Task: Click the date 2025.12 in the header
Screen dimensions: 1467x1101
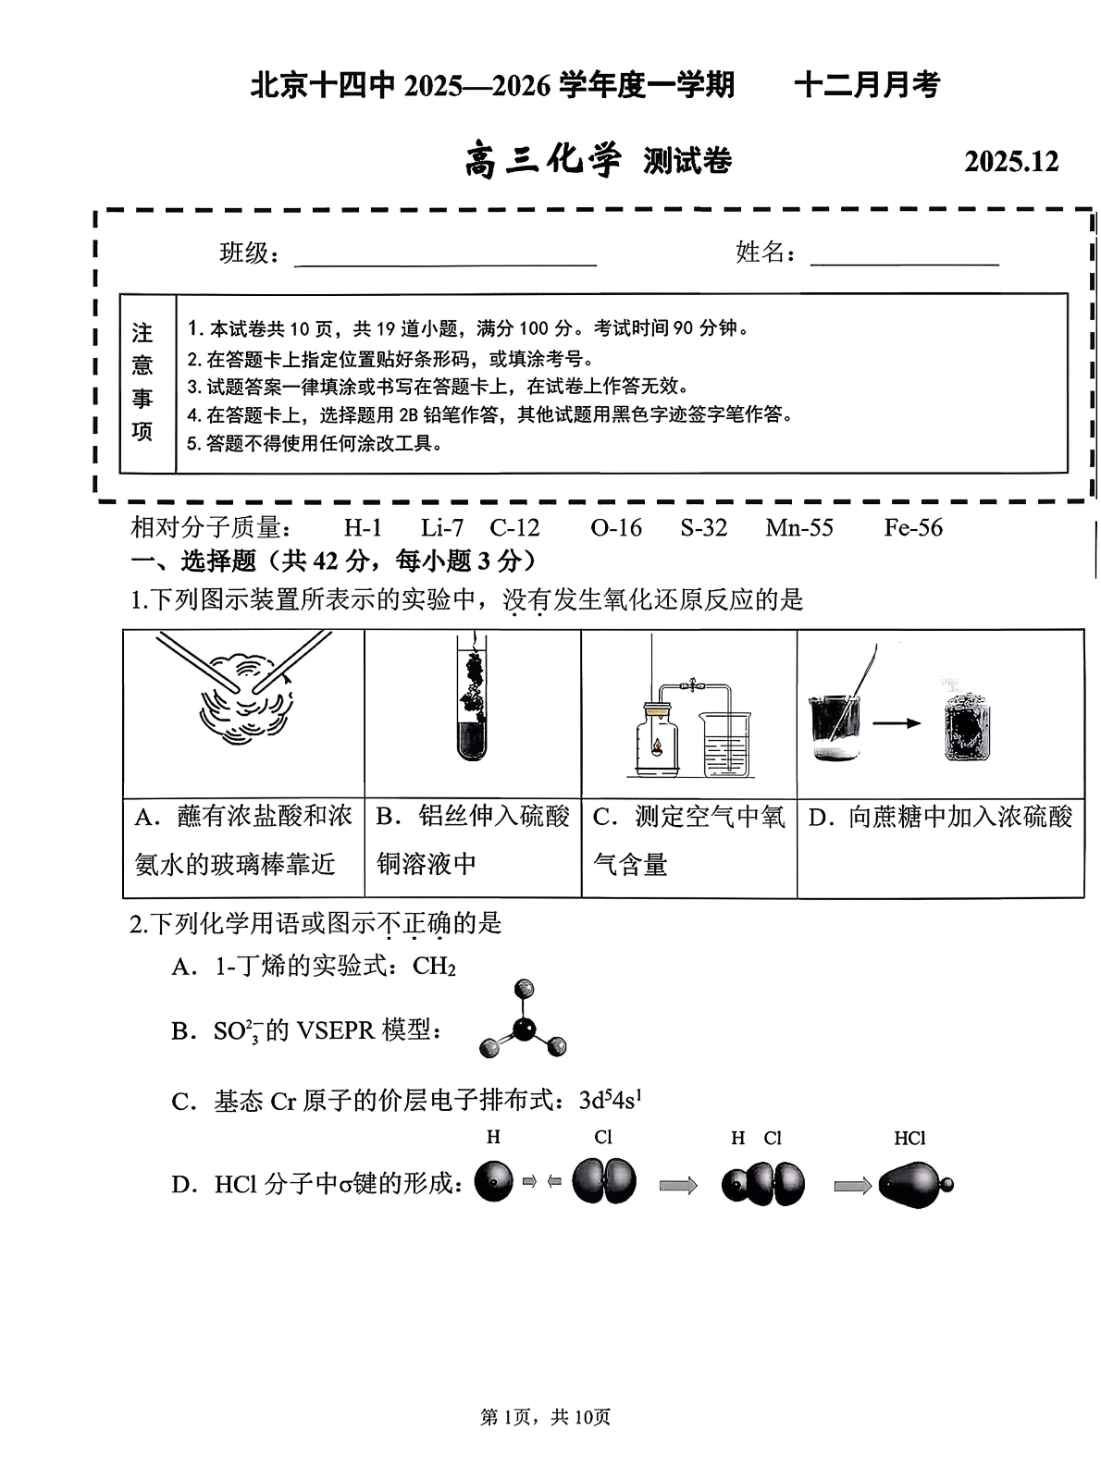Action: (x=1010, y=162)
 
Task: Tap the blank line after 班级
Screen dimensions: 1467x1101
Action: (x=445, y=263)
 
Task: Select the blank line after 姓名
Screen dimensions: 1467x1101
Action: (x=904, y=263)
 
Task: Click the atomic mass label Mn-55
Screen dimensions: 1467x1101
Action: (x=799, y=527)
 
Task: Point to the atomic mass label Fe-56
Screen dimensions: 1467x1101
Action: (x=912, y=527)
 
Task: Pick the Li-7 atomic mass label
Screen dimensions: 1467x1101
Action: (x=441, y=527)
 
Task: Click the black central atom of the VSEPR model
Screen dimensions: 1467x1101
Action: (x=524, y=1029)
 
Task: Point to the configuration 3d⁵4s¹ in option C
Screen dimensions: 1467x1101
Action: (x=611, y=1100)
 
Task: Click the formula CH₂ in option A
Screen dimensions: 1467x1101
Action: (x=435, y=967)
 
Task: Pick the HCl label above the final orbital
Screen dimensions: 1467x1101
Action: (x=909, y=1139)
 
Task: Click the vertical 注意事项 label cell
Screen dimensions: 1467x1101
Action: (x=143, y=383)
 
